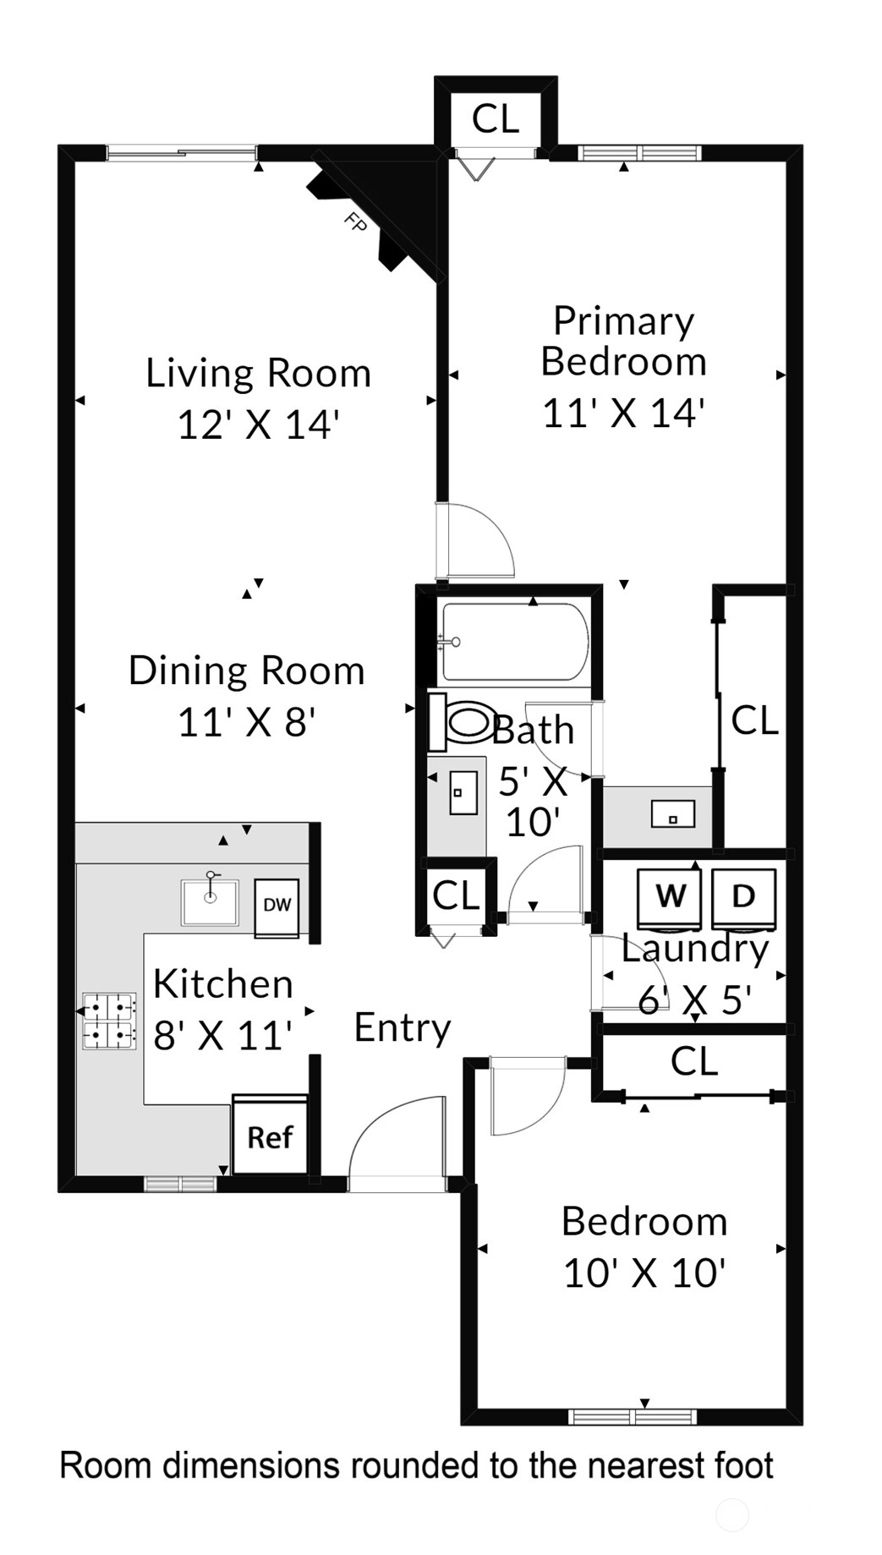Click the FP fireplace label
pos(355,222)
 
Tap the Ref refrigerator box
pos(270,1134)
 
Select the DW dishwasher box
pos(277,906)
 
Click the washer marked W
pos(670,897)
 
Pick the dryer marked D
pos(743,897)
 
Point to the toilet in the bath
pos(459,722)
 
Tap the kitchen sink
pos(210,901)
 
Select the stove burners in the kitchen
pos(109,1021)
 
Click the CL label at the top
pos(495,118)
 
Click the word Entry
pos(403,1028)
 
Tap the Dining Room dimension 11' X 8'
pos(246,722)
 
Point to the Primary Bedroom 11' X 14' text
pos(624,367)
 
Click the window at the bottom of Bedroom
pos(633,1416)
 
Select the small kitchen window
pos(180,1184)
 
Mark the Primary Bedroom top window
pos(640,153)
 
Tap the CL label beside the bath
pos(456,895)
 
